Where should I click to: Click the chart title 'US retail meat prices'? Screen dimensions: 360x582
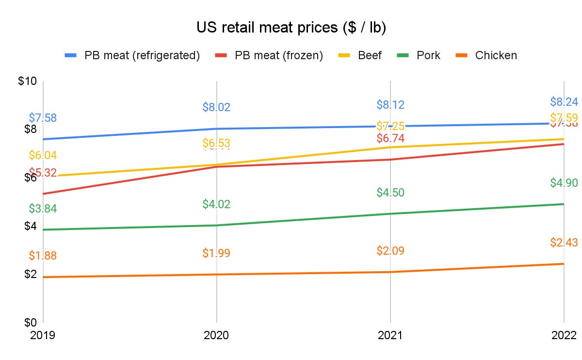click(291, 28)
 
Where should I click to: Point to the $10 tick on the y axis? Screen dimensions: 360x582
click(27, 81)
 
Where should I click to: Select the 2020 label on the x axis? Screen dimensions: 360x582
click(216, 335)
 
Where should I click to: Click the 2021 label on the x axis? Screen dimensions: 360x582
click(390, 335)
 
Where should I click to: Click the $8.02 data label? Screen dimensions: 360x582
click(216, 107)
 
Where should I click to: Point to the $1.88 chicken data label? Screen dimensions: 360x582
click(43, 256)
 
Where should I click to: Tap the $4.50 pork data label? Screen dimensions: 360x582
click(390, 193)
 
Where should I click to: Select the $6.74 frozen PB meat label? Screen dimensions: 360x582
click(390, 139)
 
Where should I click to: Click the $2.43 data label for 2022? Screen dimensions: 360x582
click(564, 243)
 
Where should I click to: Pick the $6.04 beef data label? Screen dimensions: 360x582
click(43, 155)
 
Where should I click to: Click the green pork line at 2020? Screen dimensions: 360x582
click(216, 225)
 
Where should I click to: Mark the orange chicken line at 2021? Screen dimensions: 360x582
click(390, 272)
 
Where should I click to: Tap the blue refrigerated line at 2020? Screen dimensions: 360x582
click(216, 129)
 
